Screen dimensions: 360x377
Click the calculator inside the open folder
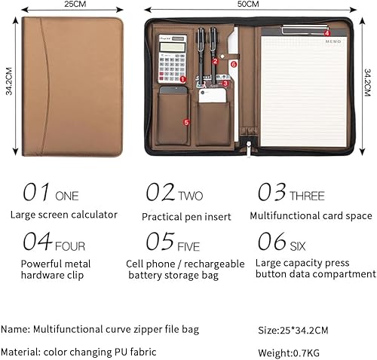click(170, 59)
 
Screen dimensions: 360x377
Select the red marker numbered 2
click(214, 61)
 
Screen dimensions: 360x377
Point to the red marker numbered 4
click(326, 32)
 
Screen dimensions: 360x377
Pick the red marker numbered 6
click(234, 64)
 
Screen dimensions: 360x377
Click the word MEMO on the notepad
click(333, 42)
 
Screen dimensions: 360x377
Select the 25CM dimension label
click(74, 5)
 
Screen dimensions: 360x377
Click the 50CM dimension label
click(247, 5)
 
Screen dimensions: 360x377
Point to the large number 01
click(36, 193)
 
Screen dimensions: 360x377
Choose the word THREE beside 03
click(308, 196)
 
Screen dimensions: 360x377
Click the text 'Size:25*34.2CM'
click(293, 329)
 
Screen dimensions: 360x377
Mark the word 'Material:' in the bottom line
click(21, 352)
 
